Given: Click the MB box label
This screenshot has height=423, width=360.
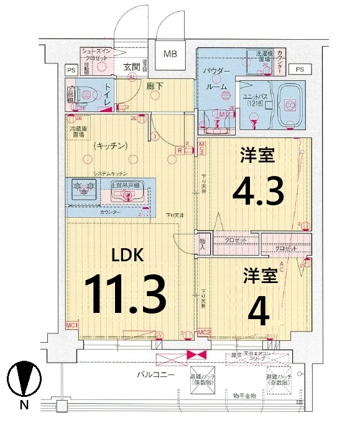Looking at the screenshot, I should pos(170,55).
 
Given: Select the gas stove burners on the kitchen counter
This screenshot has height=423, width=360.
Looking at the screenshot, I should pos(83,187).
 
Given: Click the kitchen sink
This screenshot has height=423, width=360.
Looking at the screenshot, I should pos(127,195).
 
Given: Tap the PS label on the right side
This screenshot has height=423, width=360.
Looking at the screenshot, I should pos(300,68).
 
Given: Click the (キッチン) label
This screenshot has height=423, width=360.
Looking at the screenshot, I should pos(111,146).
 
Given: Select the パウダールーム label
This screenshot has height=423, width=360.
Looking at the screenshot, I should pos(216,80).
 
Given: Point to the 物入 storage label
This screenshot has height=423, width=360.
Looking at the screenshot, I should pos(203,243).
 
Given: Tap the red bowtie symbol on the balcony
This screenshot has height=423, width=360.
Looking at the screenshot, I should pos(196,355).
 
